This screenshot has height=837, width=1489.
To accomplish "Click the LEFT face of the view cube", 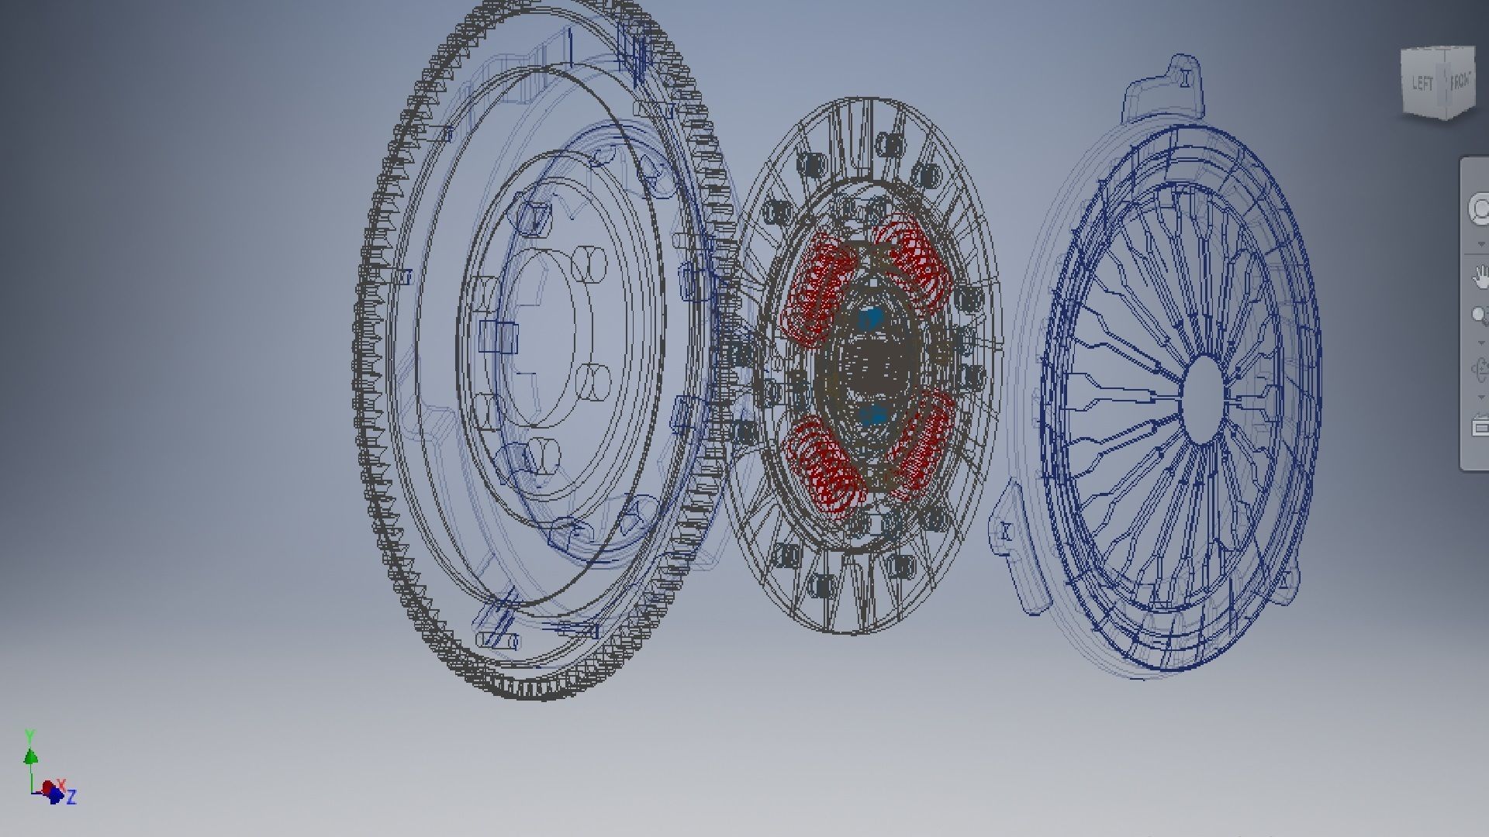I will (1422, 84).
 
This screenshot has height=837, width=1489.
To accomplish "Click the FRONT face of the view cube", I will (1460, 81).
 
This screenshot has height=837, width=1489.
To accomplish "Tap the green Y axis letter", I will (29, 735).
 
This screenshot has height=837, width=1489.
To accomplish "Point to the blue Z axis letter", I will (71, 797).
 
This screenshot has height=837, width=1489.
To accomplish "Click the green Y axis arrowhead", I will (30, 756).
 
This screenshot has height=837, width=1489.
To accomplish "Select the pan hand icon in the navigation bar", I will (1480, 276).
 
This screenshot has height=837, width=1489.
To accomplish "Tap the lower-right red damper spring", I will (923, 442).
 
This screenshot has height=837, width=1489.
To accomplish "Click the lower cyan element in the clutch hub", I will (874, 415).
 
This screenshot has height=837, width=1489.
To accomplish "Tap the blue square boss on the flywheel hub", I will (497, 338).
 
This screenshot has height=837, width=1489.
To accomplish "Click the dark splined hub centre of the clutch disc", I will (872, 364).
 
